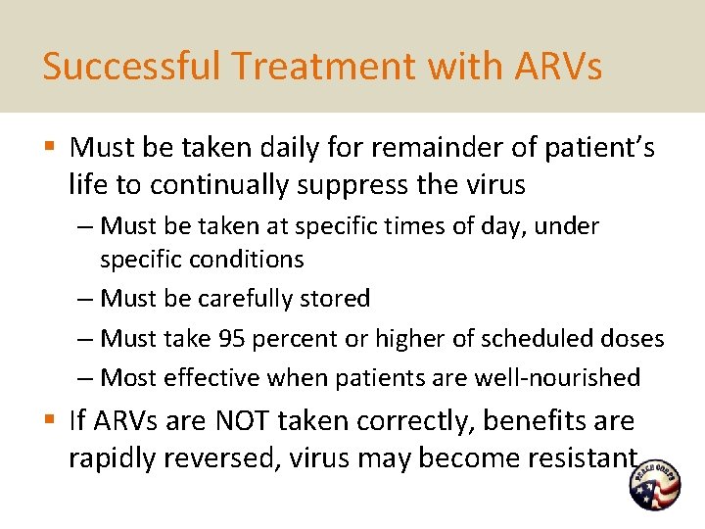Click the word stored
(x=335, y=298)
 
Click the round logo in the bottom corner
(x=654, y=485)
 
